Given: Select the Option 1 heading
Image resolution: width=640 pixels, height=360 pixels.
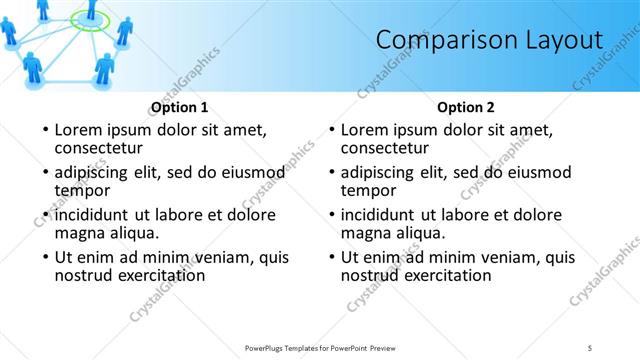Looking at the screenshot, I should tap(180, 106).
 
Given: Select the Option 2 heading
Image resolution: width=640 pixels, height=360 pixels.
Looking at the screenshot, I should tap(466, 106).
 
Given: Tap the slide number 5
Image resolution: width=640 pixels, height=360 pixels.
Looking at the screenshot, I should tap(590, 347).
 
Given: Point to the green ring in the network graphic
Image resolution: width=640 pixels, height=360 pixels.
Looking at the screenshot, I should tap(90, 19).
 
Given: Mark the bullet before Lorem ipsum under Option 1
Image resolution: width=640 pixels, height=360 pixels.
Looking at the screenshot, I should tap(45, 130).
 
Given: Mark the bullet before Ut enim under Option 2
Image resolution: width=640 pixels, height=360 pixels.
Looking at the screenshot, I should tap(331, 258).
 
